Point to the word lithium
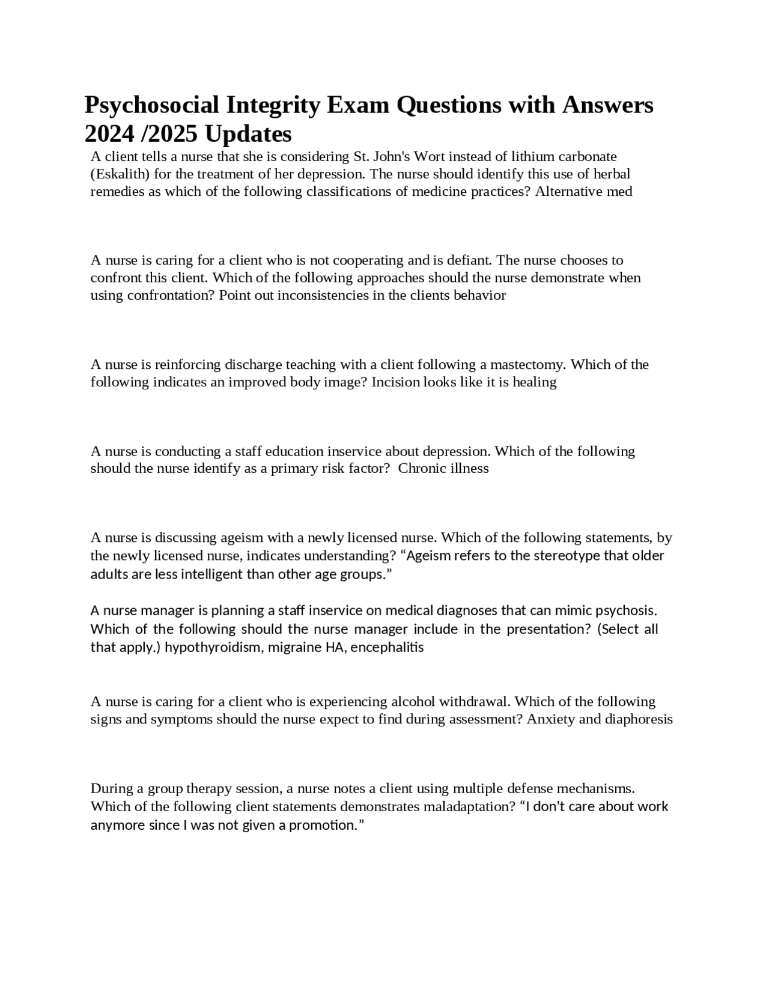click(x=530, y=157)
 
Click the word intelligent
click(x=212, y=574)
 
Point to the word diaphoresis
click(x=639, y=719)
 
